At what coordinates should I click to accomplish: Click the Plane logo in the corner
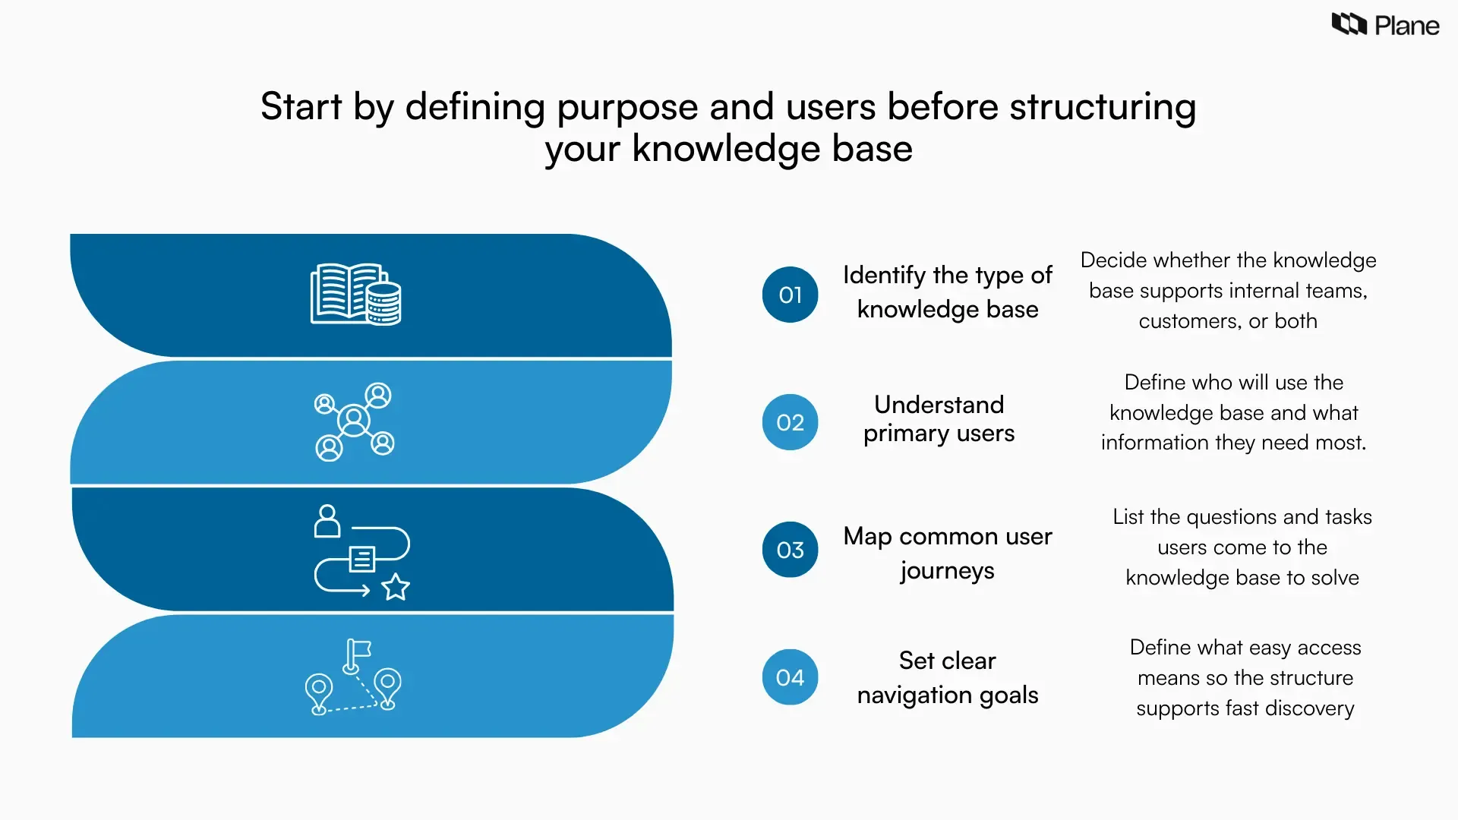pos(1385,25)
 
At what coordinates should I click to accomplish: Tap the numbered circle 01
pos(790,295)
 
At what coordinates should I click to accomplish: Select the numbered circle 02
pos(790,422)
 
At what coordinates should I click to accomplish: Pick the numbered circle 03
pos(790,550)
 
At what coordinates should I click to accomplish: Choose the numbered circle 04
pos(790,677)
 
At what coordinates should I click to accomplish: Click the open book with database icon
pos(355,295)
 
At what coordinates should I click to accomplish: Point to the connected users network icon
pos(354,421)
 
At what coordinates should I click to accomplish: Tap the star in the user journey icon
pos(395,587)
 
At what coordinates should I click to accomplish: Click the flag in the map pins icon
pos(358,650)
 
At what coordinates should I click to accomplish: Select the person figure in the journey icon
pos(327,521)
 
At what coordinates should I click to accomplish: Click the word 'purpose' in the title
pos(627,107)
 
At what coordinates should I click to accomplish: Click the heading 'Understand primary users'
pos(939,418)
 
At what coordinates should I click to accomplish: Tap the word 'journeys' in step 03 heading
pos(947,571)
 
